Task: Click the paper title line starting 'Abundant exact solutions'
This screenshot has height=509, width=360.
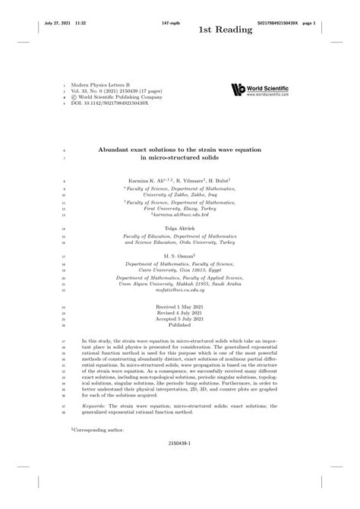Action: (x=179, y=150)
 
